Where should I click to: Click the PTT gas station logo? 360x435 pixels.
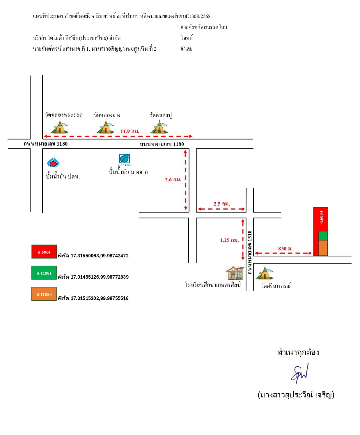click(53, 162)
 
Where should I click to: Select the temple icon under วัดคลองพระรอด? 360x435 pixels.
click(60, 127)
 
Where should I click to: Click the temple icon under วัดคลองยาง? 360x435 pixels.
click(105, 127)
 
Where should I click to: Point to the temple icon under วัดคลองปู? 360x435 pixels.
click(159, 127)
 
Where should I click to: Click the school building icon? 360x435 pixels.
click(235, 273)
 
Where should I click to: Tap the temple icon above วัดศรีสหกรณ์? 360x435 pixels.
click(265, 273)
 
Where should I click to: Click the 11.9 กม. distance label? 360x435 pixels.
click(130, 131)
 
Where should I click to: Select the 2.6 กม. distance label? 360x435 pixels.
click(173, 180)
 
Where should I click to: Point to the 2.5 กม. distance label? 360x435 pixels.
click(222, 204)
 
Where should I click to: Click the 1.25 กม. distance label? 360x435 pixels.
click(229, 240)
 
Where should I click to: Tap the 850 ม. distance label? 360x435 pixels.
click(285, 249)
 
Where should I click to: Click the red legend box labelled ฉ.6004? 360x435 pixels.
click(44, 252)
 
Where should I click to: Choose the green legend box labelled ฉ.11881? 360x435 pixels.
click(44, 273)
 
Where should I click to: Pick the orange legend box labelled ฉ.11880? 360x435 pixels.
click(44, 294)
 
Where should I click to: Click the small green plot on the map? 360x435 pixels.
click(323, 236)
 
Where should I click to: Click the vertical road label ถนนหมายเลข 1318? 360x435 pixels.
click(250, 252)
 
